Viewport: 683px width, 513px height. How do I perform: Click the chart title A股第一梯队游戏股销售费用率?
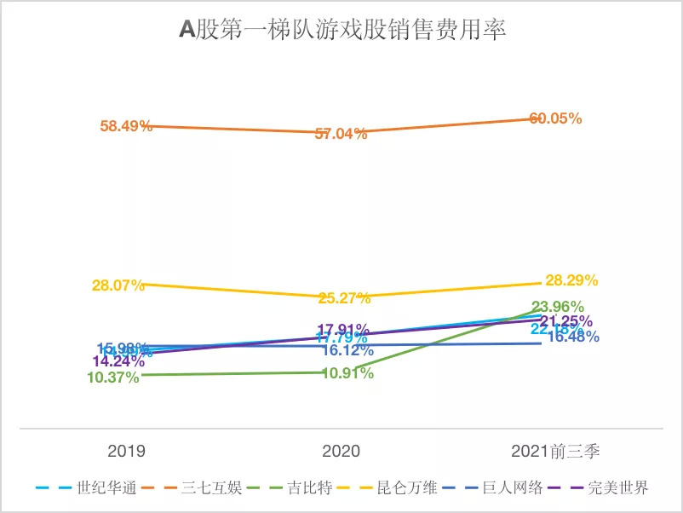(x=342, y=31)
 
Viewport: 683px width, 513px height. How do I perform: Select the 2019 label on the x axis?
(x=126, y=451)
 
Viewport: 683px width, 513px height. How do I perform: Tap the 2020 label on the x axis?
(x=341, y=451)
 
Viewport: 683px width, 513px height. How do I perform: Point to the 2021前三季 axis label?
(x=557, y=451)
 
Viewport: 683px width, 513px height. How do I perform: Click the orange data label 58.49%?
(x=126, y=126)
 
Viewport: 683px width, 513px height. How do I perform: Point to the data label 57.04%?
(x=341, y=134)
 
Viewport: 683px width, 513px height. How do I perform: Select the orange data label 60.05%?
(x=556, y=119)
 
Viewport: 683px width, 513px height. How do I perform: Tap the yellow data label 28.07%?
(x=118, y=285)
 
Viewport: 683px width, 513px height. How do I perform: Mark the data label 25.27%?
(x=344, y=298)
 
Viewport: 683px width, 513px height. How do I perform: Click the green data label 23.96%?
(x=558, y=307)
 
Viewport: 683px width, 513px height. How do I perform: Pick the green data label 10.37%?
(x=112, y=378)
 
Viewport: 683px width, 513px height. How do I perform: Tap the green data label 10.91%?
(x=347, y=373)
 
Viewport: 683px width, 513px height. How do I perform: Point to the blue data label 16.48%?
(x=572, y=337)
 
